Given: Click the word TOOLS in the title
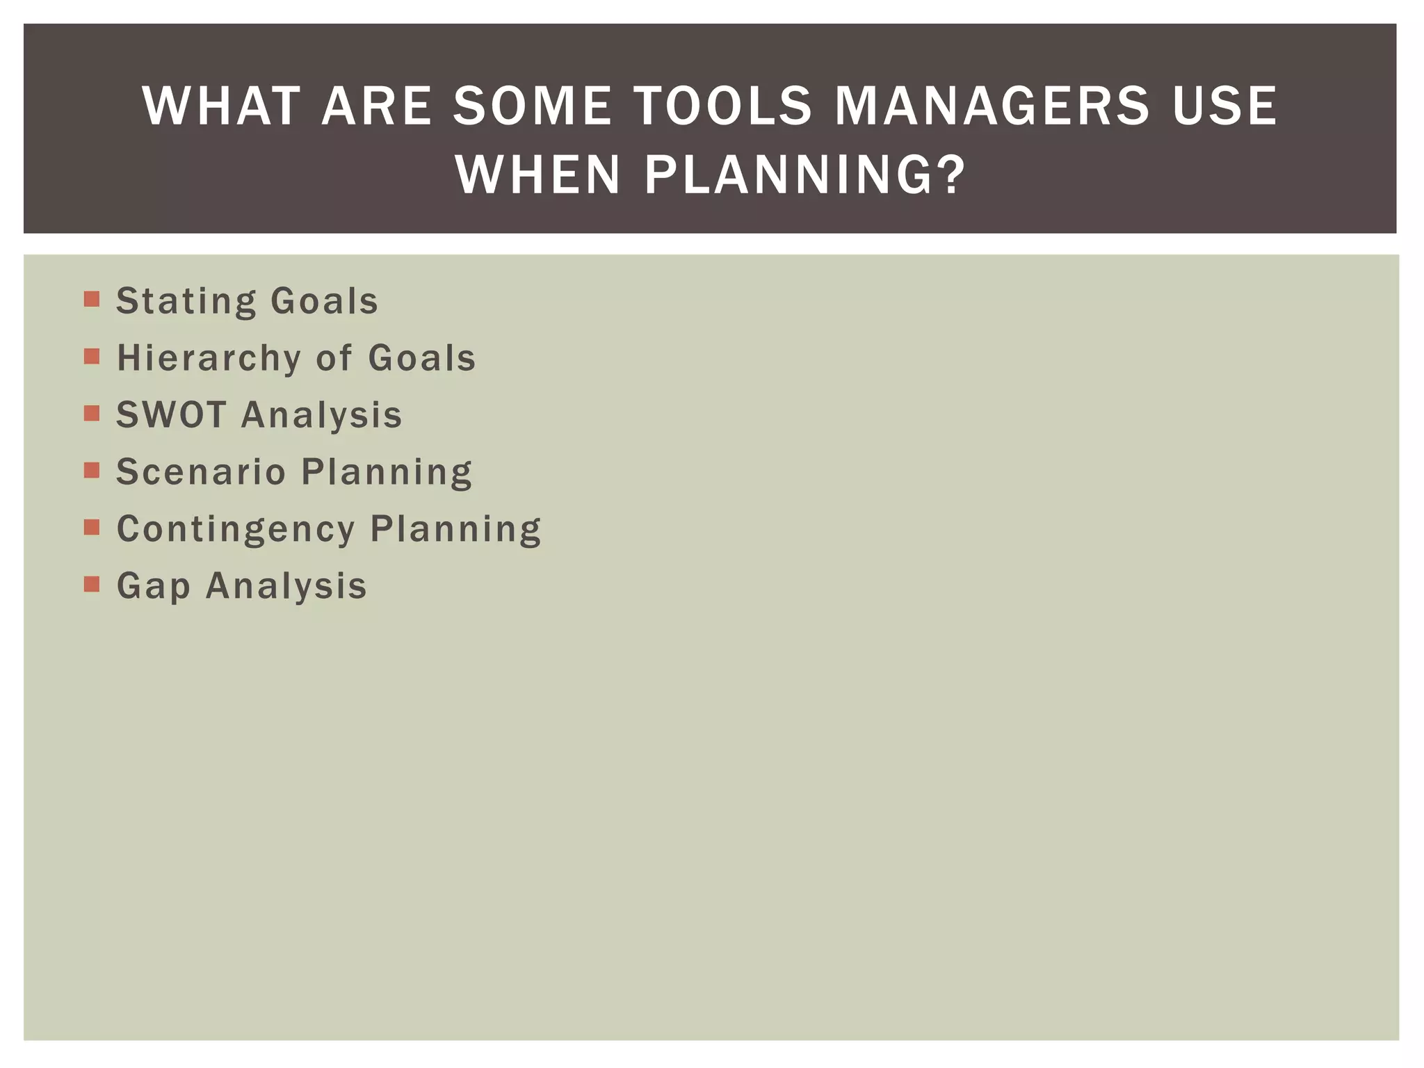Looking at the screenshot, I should [x=723, y=106].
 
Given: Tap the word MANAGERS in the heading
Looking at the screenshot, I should [x=992, y=106].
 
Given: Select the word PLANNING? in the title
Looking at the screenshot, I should [x=804, y=175].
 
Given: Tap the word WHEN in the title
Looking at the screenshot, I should [x=537, y=175].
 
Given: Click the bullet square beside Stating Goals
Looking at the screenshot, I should [x=92, y=300].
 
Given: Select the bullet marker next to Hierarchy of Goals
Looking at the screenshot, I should [x=92, y=357].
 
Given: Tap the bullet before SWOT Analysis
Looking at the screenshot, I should [x=92, y=414].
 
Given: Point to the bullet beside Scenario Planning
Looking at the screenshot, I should [x=92, y=471].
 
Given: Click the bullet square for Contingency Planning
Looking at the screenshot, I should [x=92, y=528].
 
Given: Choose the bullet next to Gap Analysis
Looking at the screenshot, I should [x=92, y=585].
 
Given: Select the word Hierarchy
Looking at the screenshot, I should [x=209, y=358].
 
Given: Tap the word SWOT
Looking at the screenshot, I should [x=171, y=414].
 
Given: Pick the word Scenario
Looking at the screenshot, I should [x=201, y=471].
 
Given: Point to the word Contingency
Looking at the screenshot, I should [x=236, y=529].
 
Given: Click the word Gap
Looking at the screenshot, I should [x=153, y=585].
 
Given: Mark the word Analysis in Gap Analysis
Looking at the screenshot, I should [x=286, y=585].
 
